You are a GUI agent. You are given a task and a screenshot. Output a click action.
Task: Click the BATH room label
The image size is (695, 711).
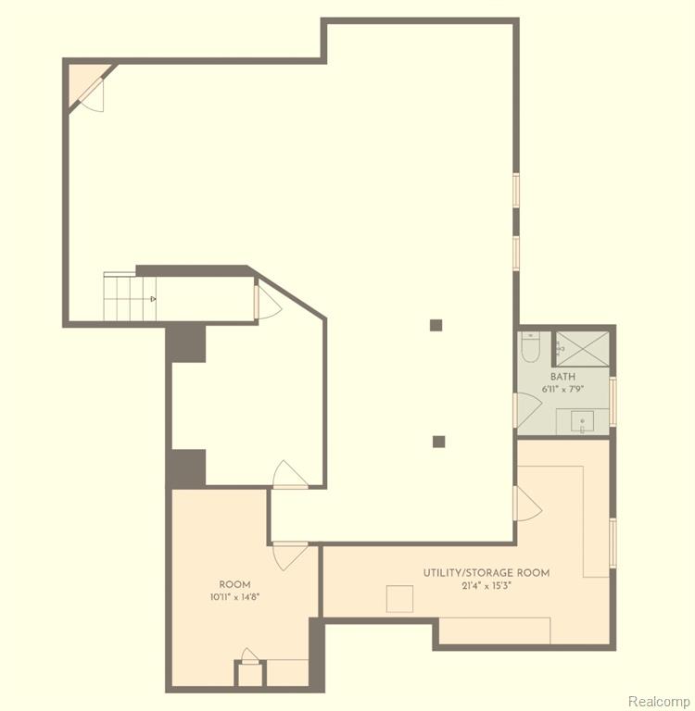(562, 377)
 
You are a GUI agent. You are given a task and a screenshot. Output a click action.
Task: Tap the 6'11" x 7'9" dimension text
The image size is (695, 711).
(562, 389)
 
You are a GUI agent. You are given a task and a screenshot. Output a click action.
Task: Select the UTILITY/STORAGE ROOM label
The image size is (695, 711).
(486, 573)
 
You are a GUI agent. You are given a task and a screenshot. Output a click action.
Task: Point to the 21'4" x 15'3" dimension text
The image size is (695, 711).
(486, 586)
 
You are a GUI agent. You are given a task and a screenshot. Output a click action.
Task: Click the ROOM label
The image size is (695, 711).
(234, 584)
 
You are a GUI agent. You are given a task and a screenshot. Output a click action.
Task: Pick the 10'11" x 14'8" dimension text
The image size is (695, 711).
(234, 597)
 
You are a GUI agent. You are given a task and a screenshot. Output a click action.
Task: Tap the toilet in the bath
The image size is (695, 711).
(530, 347)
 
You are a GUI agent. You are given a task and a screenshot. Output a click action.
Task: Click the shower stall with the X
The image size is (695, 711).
(583, 348)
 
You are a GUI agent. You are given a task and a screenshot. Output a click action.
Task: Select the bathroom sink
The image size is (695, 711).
(583, 422)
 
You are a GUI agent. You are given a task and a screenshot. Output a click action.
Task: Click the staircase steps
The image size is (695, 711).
(130, 298)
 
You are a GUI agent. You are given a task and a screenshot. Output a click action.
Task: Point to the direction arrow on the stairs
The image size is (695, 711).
(154, 299)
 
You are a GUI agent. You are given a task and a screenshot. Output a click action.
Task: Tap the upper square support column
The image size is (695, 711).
(436, 325)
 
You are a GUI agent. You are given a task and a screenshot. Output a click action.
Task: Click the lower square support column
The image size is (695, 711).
(438, 442)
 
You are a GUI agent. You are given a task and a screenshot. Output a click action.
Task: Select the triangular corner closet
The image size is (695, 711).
(85, 81)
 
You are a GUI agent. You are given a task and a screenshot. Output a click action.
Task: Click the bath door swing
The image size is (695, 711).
(529, 409)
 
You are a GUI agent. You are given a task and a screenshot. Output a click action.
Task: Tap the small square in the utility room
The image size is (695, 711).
(400, 599)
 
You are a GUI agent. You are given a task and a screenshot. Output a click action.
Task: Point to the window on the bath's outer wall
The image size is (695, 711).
(613, 402)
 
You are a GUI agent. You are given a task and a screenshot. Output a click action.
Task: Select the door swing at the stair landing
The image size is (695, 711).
(269, 303)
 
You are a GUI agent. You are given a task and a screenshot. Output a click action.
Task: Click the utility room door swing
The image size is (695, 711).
(529, 504)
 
